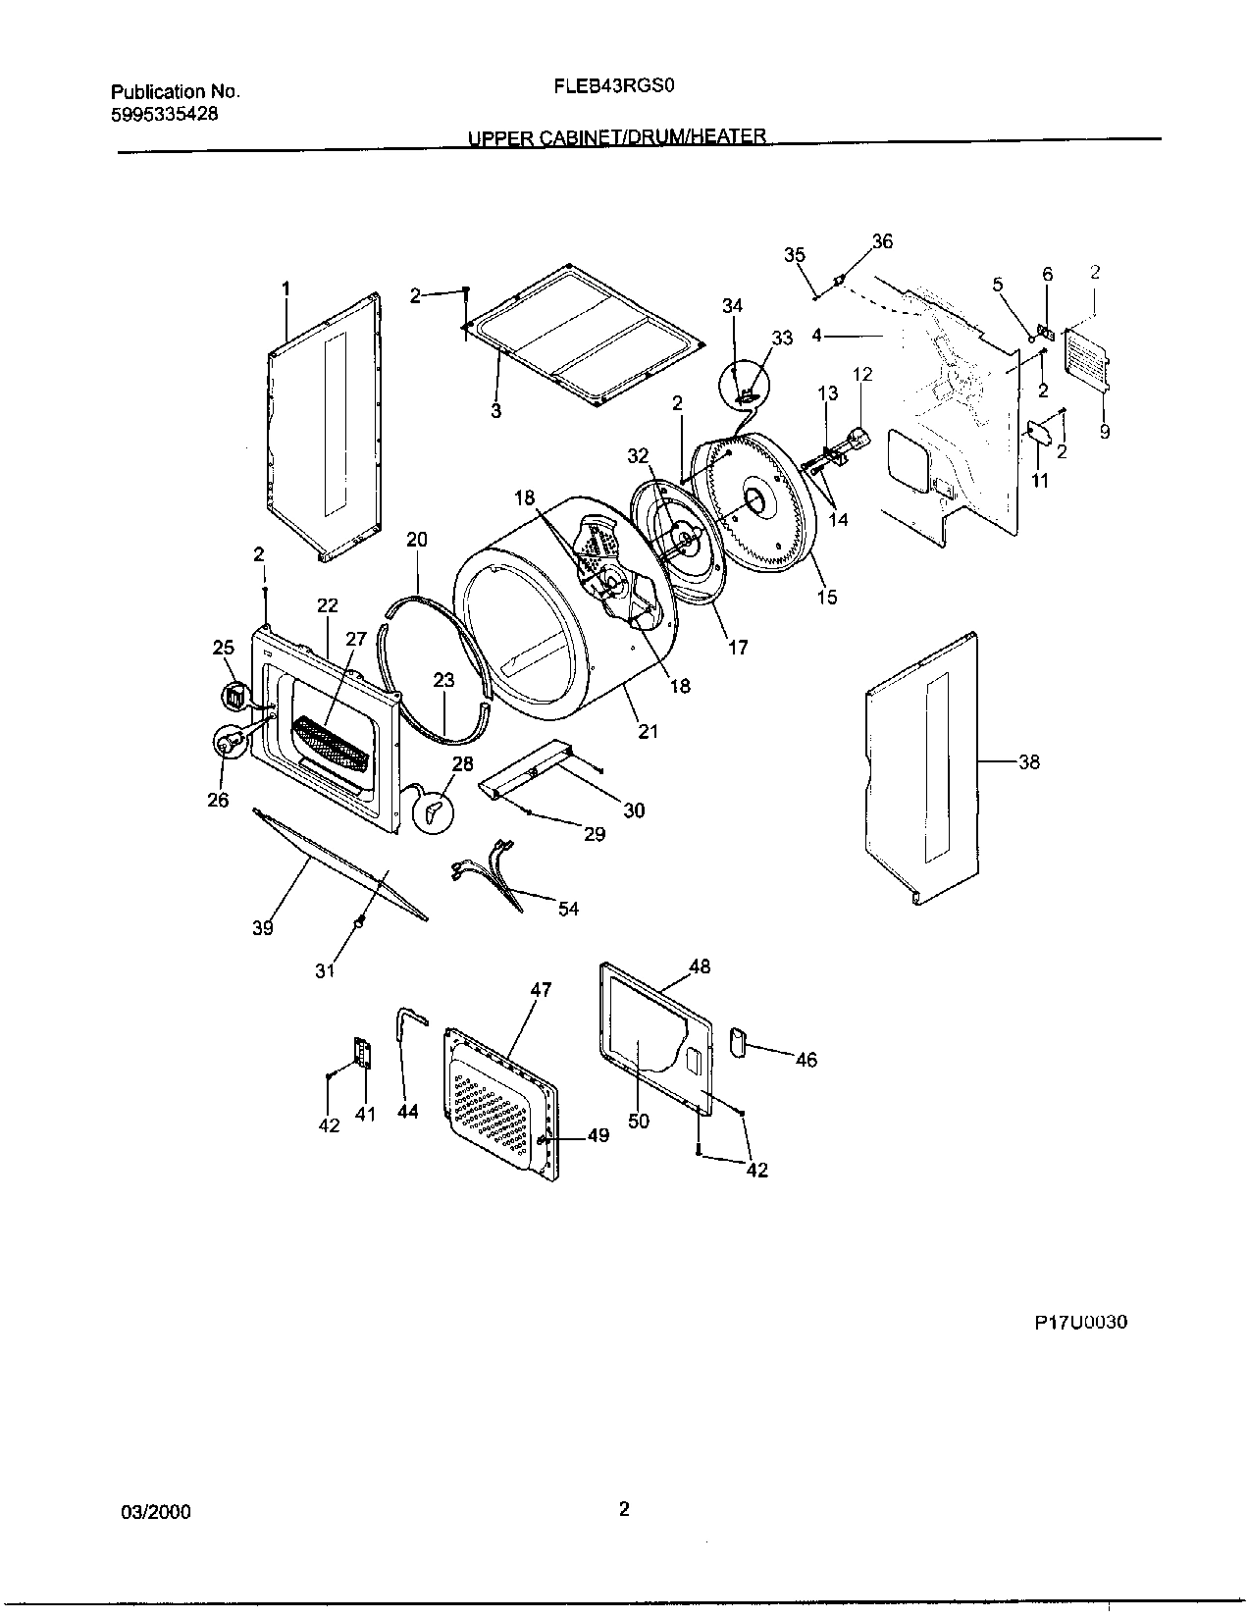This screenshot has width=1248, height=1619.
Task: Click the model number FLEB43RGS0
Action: pyautogui.click(x=615, y=84)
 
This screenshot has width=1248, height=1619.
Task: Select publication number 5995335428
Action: pyautogui.click(x=165, y=114)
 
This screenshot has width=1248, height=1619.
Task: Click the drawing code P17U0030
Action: pyautogui.click(x=1080, y=1323)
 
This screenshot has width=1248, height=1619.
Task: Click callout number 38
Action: pyautogui.click(x=1028, y=761)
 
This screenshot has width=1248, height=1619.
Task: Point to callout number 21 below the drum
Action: pyautogui.click(x=648, y=731)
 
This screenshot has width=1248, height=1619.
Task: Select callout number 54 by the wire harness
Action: pyautogui.click(x=568, y=909)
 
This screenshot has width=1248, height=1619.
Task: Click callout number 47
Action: pyautogui.click(x=542, y=989)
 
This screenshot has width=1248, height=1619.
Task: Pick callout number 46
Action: pyautogui.click(x=806, y=1060)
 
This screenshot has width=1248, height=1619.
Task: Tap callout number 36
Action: pyautogui.click(x=882, y=241)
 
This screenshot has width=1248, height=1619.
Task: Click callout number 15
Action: pyautogui.click(x=827, y=596)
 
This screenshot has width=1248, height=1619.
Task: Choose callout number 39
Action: pyautogui.click(x=262, y=928)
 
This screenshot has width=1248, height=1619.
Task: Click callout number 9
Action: pyautogui.click(x=1105, y=431)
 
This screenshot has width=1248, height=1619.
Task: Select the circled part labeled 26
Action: pyautogui.click(x=227, y=743)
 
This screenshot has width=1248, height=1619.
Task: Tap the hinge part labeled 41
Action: pyautogui.click(x=362, y=1055)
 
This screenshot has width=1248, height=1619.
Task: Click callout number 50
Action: pyautogui.click(x=639, y=1121)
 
